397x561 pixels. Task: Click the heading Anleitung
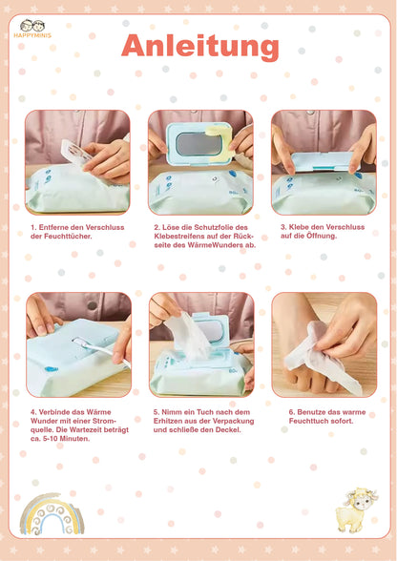pos(199,46)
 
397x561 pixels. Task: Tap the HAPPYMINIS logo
pos(32,29)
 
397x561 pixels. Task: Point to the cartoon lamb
pos(356,509)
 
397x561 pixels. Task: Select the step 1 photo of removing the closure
pos(77,162)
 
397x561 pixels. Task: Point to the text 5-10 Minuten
pos(66,439)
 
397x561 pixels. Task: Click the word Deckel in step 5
pos(228,429)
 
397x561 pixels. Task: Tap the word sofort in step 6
pos(342,421)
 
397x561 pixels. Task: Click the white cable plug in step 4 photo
pos(82,343)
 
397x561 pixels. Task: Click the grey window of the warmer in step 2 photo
pos(199,144)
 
